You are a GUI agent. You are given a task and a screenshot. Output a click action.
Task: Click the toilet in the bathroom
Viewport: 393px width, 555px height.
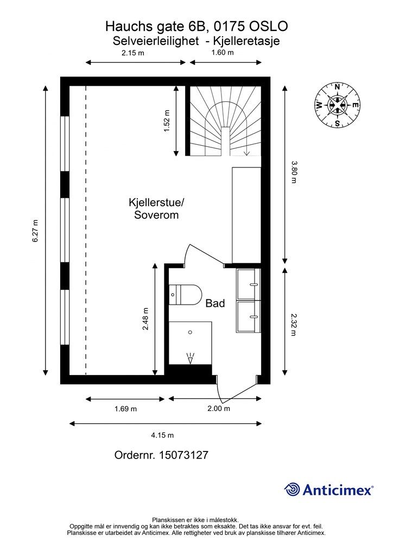pos(185,295)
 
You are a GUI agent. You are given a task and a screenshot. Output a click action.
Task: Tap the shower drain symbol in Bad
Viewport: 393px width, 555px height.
pos(190,358)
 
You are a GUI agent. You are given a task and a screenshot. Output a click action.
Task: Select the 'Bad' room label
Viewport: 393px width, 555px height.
pos(215,304)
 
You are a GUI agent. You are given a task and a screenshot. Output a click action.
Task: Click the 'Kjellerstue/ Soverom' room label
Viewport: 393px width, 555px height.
pos(156,209)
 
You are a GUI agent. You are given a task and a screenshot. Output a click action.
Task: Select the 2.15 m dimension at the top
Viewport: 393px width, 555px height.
pos(132,53)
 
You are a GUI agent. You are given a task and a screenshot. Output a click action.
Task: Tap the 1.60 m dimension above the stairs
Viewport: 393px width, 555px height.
pos(222,53)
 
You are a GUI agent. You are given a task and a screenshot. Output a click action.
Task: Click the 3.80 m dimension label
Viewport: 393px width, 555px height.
pos(294,172)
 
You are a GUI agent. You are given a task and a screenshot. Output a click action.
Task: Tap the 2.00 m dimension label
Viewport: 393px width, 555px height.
pos(219,409)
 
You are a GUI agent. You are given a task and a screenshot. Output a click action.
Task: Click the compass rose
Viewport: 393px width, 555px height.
pos(337,105)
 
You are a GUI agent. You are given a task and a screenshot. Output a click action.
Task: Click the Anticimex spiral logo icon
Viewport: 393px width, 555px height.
pos(292,489)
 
